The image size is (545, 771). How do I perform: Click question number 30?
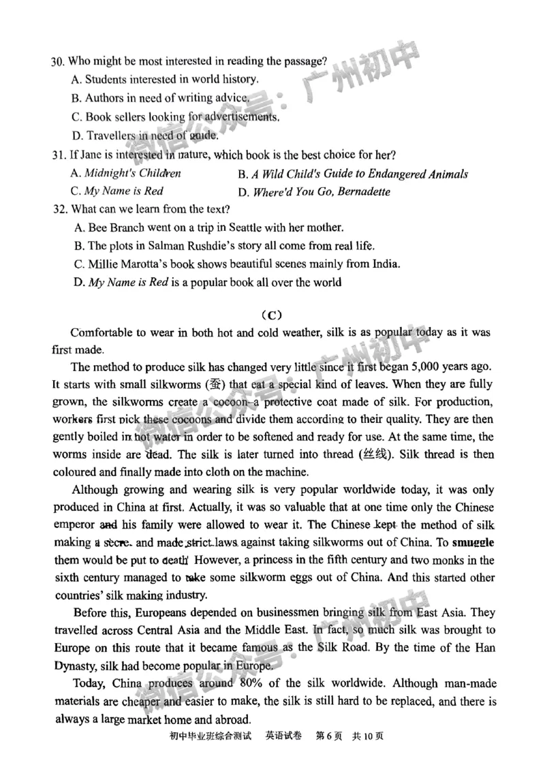57,62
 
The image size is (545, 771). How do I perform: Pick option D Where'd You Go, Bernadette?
321,192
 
